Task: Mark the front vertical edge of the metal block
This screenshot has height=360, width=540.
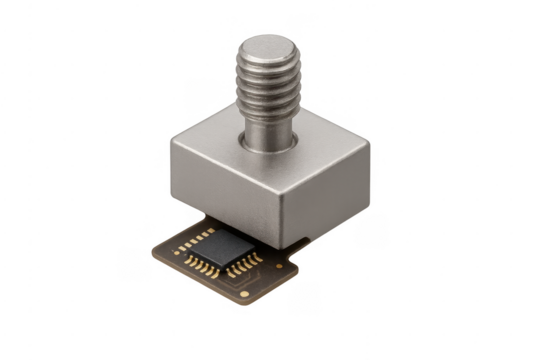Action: coord(285,215)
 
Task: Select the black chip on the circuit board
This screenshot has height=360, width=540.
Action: coord(227,244)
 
